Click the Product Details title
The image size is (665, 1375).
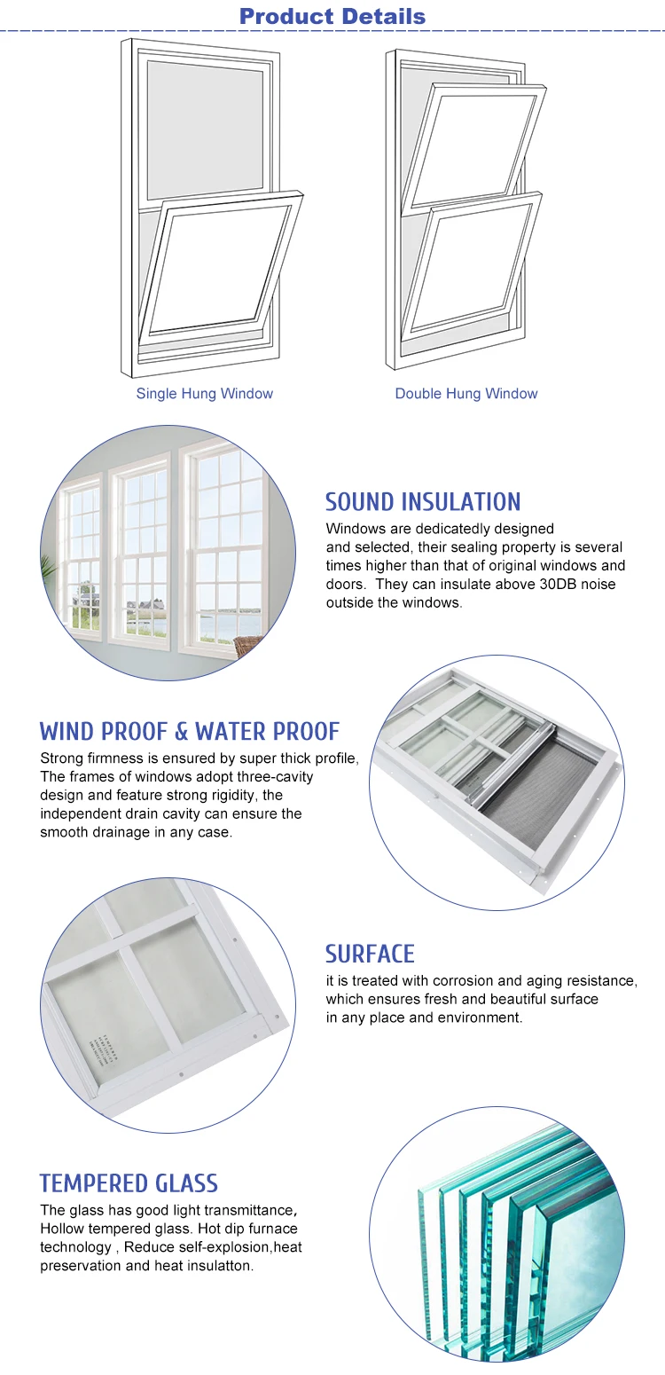[332, 16]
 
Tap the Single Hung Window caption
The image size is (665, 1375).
[204, 393]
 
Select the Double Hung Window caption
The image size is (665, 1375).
[466, 393]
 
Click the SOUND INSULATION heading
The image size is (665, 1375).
[423, 501]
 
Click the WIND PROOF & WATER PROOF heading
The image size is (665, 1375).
[190, 732]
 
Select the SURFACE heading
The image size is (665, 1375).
[370, 954]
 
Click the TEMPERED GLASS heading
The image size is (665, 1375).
[129, 1183]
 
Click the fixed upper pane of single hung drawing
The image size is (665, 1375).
[205, 129]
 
